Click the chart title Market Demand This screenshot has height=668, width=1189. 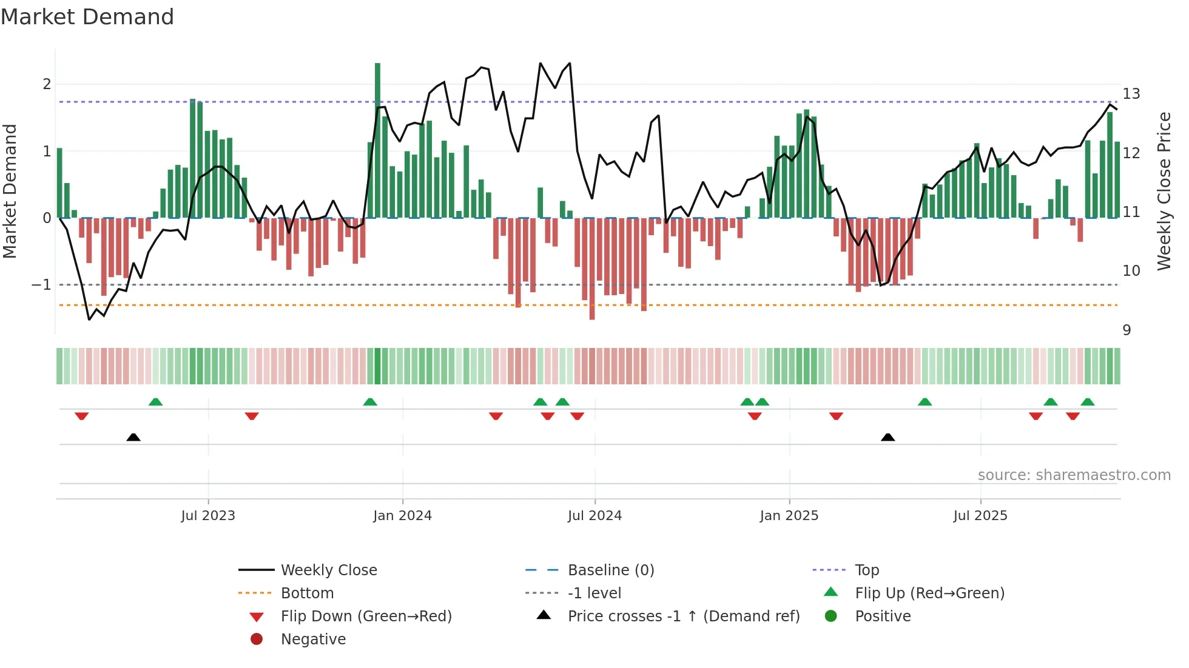87,17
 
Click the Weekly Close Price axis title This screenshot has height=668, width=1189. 1164,191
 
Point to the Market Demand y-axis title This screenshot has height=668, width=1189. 10,191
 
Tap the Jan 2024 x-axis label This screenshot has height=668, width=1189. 402,516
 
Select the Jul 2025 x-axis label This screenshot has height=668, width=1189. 980,516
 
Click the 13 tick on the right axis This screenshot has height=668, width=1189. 1131,94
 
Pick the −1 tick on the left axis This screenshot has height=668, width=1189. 41,285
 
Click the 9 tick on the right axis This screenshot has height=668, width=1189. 1127,330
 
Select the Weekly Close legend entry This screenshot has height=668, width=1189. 328,570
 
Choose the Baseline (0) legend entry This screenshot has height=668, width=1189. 610,570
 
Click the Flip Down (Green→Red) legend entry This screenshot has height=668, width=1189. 366,616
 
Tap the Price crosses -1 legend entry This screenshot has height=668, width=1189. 683,616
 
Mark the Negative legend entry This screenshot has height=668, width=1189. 313,640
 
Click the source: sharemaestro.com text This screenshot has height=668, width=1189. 1074,475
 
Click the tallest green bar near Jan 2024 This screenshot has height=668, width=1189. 377,139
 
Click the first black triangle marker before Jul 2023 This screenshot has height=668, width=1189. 133,437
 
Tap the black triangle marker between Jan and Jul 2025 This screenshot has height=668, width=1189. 888,437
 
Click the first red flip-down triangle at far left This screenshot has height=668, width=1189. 82,416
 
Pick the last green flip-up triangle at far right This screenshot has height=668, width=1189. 1088,402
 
